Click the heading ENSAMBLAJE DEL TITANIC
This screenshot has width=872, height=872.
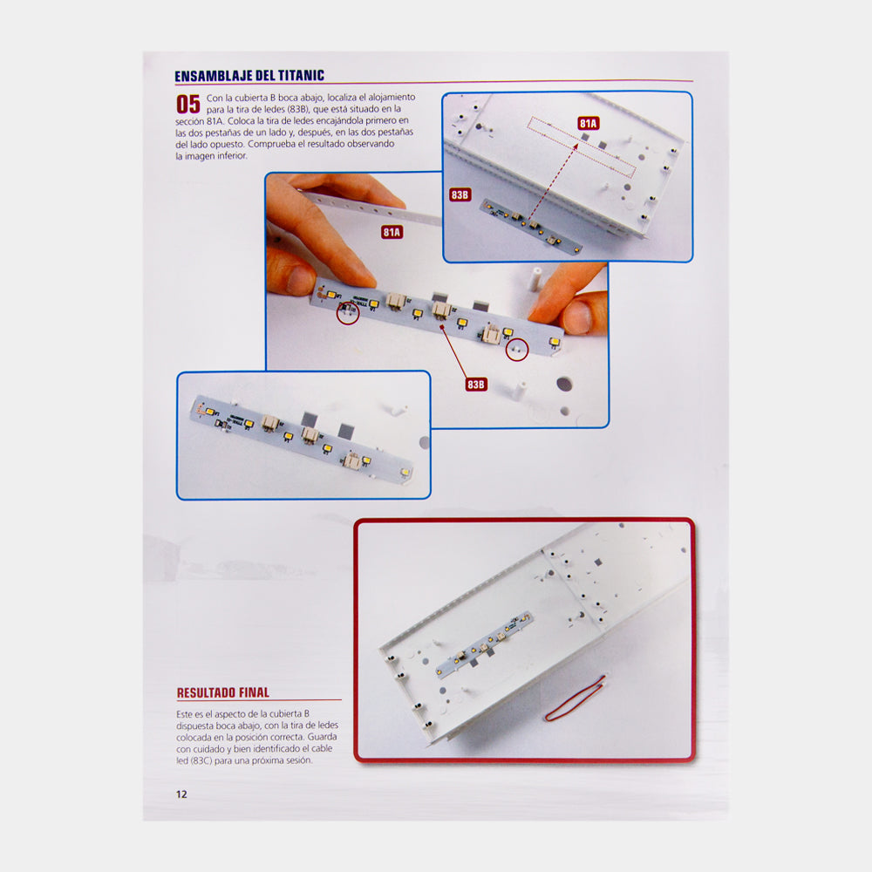pyautogui.click(x=249, y=76)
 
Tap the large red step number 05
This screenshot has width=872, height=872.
pyautogui.click(x=188, y=104)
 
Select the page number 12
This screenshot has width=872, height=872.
pyautogui.click(x=181, y=794)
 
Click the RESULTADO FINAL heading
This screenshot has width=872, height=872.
pyautogui.click(x=223, y=692)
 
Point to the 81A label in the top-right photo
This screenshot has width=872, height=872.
pyautogui.click(x=589, y=124)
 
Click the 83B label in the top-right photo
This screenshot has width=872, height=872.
pyautogui.click(x=460, y=194)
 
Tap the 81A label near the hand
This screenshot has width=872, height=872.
pyautogui.click(x=392, y=232)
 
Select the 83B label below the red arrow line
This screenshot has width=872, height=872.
pyautogui.click(x=476, y=385)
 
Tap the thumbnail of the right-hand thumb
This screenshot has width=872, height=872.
pyautogui.click(x=578, y=316)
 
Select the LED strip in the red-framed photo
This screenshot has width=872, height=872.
pyautogui.click(x=484, y=644)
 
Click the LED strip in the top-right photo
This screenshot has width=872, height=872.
pyautogui.click(x=531, y=227)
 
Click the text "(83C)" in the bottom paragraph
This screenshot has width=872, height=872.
pyautogui.click(x=201, y=760)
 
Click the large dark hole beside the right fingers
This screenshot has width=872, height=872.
pyautogui.click(x=564, y=384)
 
